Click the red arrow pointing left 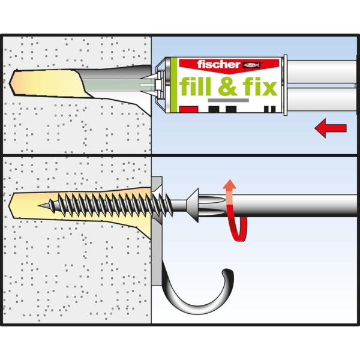[x=330, y=128]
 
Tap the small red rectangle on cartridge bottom [x=188, y=109]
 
